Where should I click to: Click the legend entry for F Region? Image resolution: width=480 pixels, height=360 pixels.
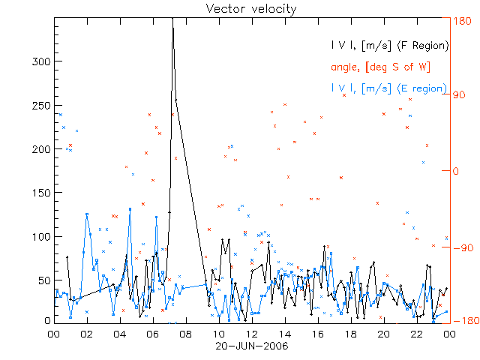point(390,46)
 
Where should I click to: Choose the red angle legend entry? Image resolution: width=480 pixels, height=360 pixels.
point(380,67)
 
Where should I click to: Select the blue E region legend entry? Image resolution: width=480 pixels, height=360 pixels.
point(388,89)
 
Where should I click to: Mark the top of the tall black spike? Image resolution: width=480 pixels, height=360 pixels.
point(173,22)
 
